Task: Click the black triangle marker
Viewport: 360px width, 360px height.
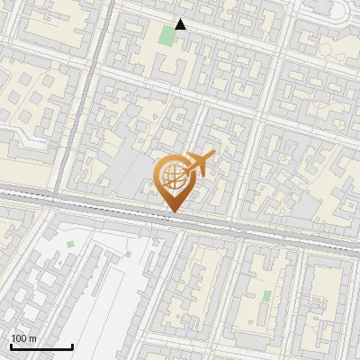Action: click(181, 24)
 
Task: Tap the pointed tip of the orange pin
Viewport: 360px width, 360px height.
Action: click(173, 212)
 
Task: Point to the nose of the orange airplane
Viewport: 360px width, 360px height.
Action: click(213, 157)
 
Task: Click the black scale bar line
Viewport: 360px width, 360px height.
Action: click(41, 346)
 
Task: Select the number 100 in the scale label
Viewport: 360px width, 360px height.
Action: click(19, 338)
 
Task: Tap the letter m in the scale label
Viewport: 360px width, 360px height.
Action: click(31, 338)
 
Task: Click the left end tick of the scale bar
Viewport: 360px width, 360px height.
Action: click(11, 345)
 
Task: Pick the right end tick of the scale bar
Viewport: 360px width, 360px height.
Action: click(72, 345)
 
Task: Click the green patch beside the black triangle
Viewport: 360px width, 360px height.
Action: click(166, 37)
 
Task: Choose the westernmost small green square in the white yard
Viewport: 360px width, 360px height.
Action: click(70, 244)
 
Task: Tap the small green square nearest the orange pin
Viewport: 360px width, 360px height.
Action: click(128, 255)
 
